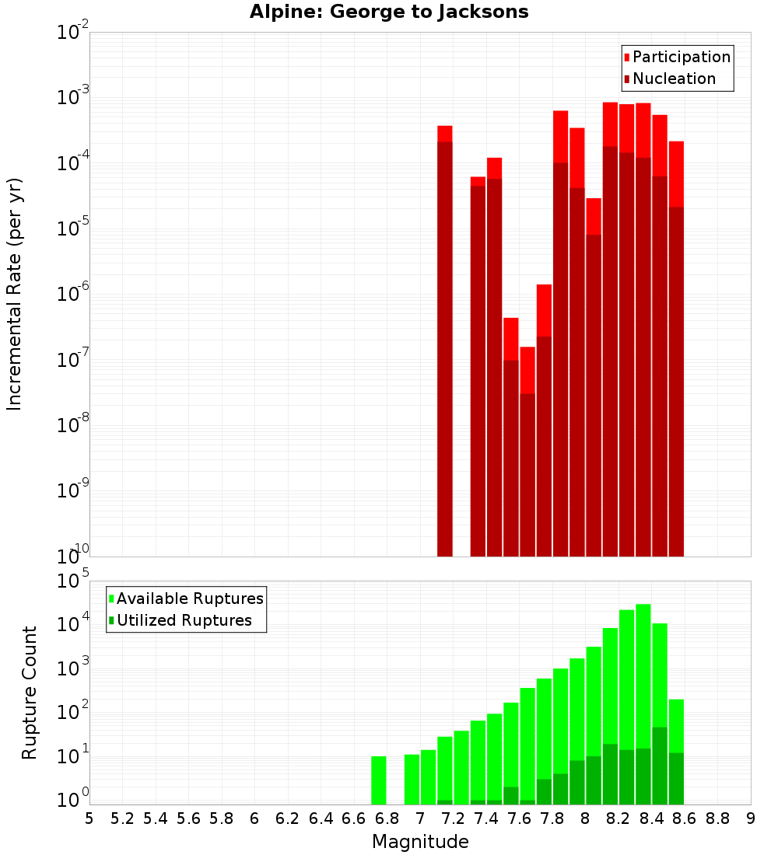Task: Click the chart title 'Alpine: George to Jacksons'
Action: pyautogui.click(x=389, y=12)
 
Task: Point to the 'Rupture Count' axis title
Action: pyautogui.click(x=30, y=693)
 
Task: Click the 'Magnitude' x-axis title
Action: pyautogui.click(x=420, y=841)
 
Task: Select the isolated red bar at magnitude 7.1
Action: pyautogui.click(x=445, y=342)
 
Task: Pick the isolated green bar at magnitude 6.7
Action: pyautogui.click(x=379, y=780)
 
